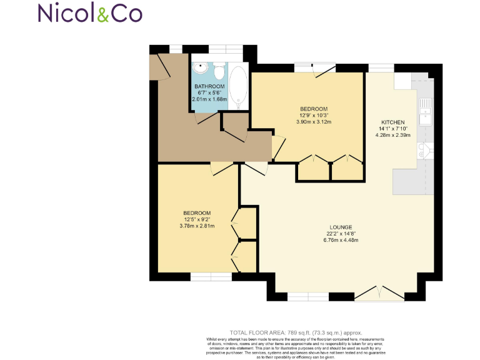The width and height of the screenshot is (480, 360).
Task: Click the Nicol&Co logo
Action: [89, 13]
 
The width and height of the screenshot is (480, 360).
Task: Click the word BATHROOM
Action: [209, 86]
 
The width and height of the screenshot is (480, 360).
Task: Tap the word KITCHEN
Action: [393, 122]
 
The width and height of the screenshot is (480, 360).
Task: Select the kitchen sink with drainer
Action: [426, 109]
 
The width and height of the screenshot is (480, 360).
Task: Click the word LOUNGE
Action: [342, 227]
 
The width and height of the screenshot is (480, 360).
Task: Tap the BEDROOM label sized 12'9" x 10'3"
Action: [313, 109]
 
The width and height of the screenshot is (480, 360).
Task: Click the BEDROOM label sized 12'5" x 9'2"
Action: [197, 212]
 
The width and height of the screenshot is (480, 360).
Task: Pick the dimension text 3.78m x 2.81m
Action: [197, 226]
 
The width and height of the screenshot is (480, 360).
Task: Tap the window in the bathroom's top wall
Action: [225, 48]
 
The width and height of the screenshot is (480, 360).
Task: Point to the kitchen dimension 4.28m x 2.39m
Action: [393, 136]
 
